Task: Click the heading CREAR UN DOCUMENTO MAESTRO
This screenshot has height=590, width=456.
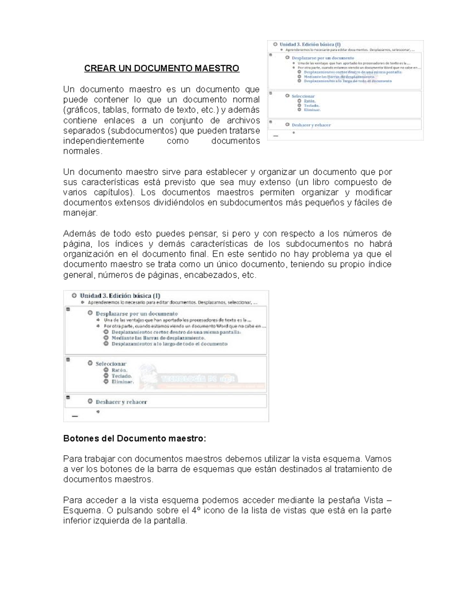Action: coord(161,68)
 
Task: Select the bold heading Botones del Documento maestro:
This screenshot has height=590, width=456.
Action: coord(135,438)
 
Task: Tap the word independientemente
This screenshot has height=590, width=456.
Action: coord(104,141)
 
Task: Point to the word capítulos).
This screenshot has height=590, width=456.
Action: coord(114,192)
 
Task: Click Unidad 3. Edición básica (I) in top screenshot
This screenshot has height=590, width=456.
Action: coord(310,44)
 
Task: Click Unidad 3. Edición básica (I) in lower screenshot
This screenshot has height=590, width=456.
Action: coord(120,296)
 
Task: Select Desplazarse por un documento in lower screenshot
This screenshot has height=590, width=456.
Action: coord(136,314)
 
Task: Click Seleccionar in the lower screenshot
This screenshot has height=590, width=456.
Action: coord(111,364)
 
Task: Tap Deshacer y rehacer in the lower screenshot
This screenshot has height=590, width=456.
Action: coord(121,402)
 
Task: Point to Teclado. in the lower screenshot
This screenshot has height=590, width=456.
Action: coord(122,376)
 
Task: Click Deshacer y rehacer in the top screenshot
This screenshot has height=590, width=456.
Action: coord(311,125)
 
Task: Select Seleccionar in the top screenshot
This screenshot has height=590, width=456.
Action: coord(303,96)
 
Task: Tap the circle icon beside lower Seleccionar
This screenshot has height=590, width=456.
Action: coord(90,363)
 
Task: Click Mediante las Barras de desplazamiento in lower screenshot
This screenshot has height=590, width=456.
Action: coord(158,338)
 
